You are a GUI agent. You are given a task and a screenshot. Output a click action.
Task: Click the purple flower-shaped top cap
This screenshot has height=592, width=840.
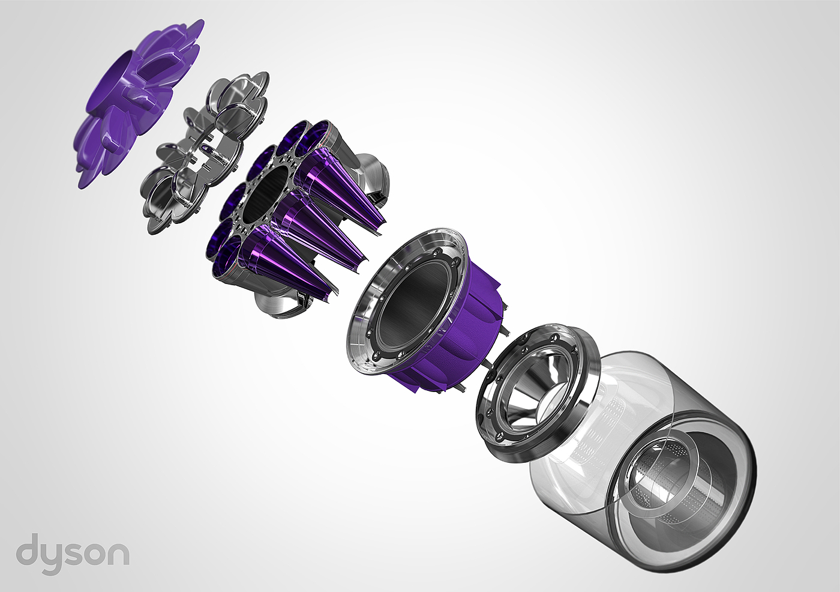click(x=138, y=101)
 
